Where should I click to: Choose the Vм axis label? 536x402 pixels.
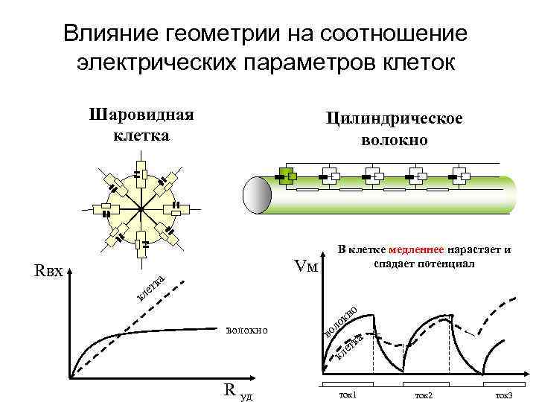[x=306, y=266]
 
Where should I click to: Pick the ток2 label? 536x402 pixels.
[x=424, y=393]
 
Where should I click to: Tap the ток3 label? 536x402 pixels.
[x=505, y=393]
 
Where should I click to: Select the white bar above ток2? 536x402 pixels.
[x=425, y=383]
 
